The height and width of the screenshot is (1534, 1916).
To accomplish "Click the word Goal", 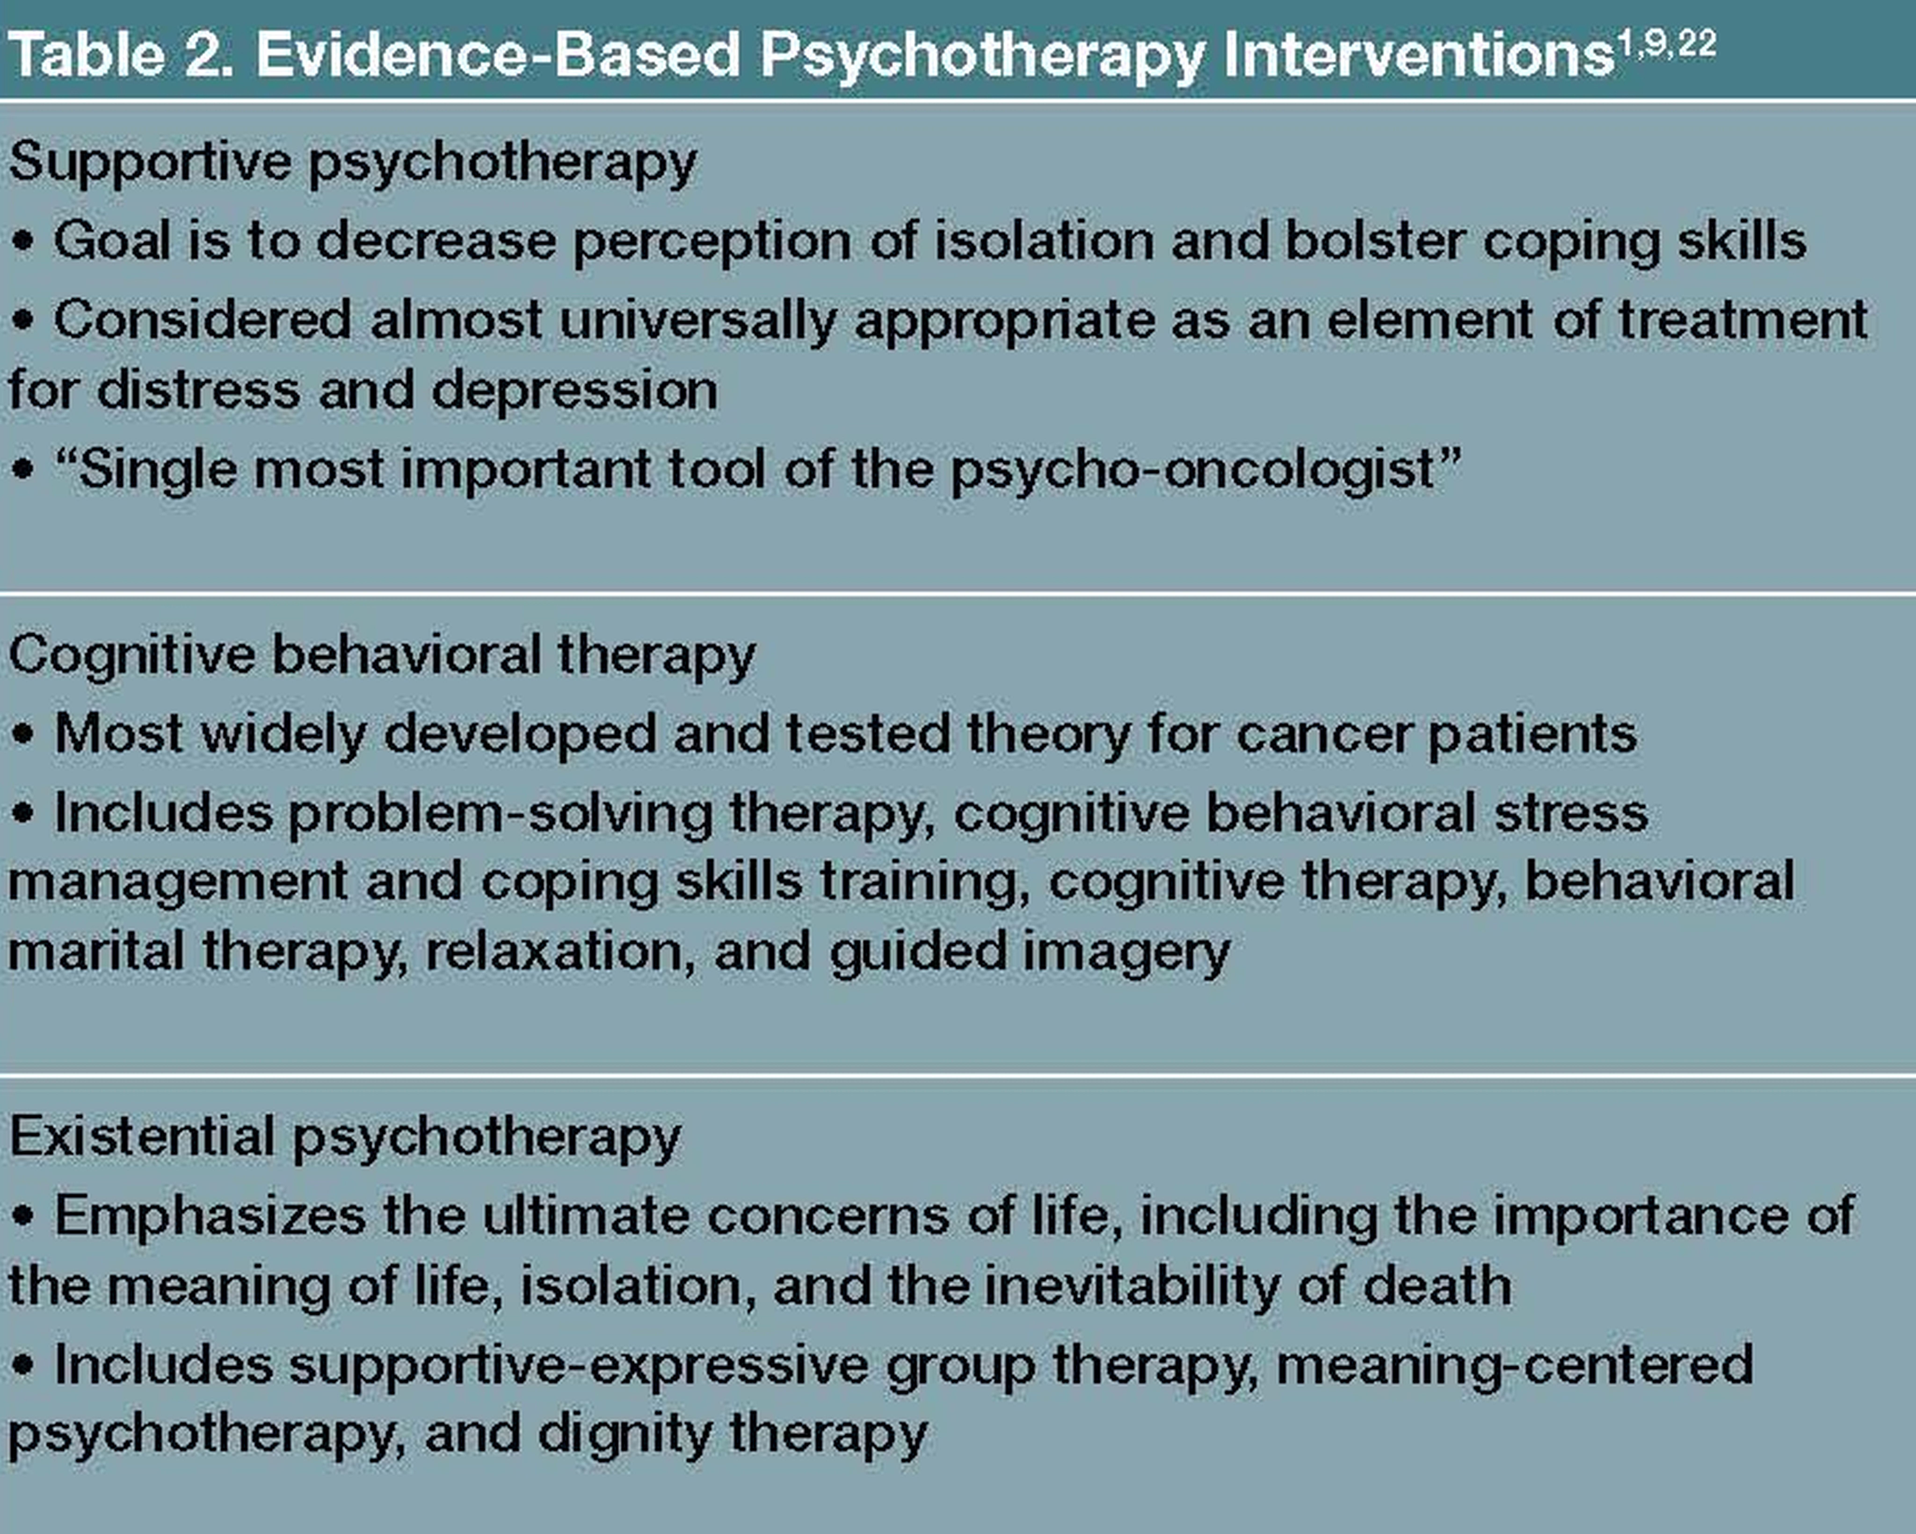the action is tap(111, 241).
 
